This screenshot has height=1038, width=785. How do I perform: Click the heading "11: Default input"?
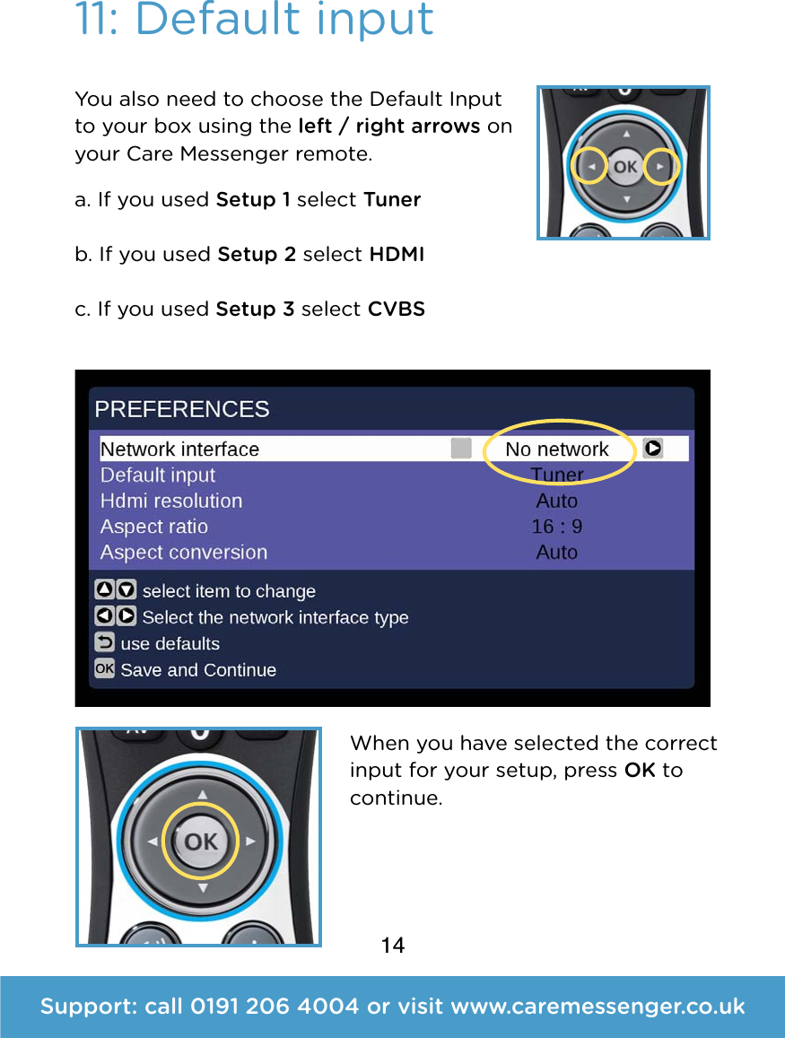point(255,20)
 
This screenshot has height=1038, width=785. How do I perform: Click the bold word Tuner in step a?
point(392,199)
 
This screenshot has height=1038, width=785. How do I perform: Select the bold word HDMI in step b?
point(397,254)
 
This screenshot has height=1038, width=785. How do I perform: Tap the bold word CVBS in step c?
point(397,309)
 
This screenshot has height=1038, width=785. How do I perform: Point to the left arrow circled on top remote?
point(589,167)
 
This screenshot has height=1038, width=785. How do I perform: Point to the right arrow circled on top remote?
point(660,167)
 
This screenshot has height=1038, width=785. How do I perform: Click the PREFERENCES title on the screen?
point(182,409)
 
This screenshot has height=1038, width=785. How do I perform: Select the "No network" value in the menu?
point(556,449)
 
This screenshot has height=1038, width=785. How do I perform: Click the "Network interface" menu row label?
point(179,449)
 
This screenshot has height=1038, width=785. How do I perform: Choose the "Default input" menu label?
point(158,475)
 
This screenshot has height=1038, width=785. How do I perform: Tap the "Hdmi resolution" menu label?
point(171,501)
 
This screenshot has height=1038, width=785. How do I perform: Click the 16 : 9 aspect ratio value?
point(556,527)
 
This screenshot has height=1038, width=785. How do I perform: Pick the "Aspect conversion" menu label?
point(184,553)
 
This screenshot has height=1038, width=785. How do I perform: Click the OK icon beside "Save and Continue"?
point(105,669)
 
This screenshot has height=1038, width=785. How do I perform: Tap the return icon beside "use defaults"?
point(105,643)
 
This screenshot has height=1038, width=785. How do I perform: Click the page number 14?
point(393,946)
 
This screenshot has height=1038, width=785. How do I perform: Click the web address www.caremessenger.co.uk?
point(597,1007)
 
